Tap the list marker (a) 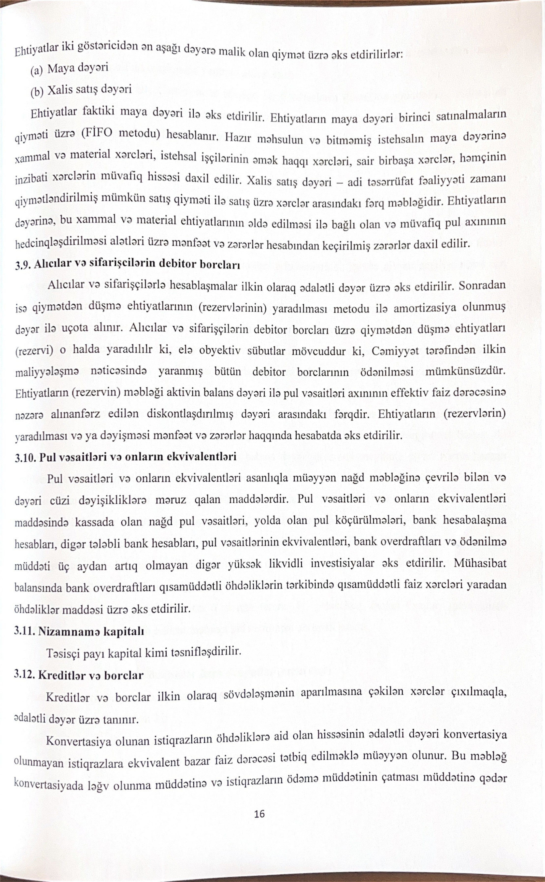[36, 70]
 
